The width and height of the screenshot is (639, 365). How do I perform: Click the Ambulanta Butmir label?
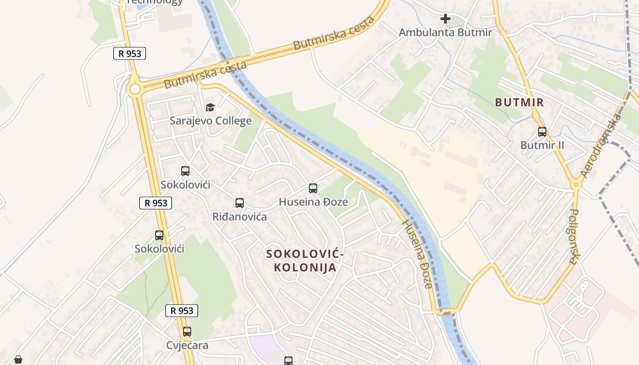point(445,32)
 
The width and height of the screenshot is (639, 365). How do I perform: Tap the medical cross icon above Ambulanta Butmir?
point(445,19)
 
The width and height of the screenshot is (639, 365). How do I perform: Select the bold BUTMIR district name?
point(519,102)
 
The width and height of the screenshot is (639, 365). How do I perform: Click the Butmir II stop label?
point(542,145)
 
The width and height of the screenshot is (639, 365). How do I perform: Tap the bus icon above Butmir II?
point(542,132)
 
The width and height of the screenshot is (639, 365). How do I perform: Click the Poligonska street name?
point(574,236)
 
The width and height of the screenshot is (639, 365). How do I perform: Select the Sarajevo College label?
point(210,121)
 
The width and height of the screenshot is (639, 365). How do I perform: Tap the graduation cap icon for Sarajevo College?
point(210,108)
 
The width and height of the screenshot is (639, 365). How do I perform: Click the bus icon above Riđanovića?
point(240,203)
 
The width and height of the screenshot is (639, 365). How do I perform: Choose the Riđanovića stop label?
point(240,217)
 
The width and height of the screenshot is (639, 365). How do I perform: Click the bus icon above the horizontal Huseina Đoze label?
point(313,188)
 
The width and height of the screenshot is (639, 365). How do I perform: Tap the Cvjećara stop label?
point(187,345)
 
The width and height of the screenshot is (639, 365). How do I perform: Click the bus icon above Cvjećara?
point(187,332)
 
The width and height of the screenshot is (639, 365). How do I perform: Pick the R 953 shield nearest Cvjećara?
point(182,311)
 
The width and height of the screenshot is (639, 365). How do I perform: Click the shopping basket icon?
point(18,360)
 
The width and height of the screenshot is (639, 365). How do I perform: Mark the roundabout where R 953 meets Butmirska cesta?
point(134,89)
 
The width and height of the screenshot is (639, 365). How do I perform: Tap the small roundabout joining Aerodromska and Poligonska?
point(576,185)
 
